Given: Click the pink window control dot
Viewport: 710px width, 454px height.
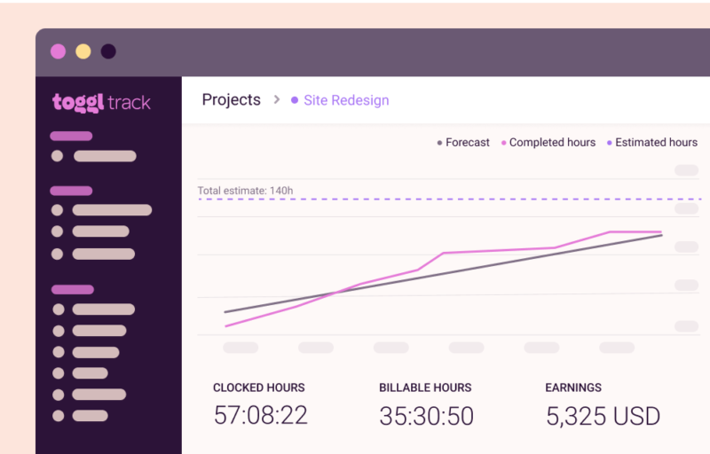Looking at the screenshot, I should coord(59,51).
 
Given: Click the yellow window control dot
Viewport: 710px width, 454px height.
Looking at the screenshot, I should coord(83,51).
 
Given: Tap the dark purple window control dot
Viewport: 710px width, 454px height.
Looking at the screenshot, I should coord(108,51).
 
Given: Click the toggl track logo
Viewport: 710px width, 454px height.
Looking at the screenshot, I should coord(101,102).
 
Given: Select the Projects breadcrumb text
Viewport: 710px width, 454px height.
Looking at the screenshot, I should coord(231,100).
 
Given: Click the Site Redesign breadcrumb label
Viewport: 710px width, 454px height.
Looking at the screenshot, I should coord(346,100).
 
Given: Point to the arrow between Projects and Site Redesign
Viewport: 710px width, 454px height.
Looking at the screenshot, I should coord(276,100).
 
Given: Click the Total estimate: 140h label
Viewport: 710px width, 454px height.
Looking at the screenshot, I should coord(245,190).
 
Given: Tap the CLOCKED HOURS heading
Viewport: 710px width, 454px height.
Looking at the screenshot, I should coord(258,387).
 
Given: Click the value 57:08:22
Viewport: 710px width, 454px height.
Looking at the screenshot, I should coord(261,415).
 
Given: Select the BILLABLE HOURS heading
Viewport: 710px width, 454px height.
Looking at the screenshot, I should coord(425,387).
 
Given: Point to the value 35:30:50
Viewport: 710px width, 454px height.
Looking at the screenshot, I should coord(426,415).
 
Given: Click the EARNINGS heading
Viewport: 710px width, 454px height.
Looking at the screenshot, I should coord(573,387).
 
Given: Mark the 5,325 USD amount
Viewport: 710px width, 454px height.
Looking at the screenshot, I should coord(603,415).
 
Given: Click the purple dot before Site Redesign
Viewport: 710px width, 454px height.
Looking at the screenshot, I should coord(295,100).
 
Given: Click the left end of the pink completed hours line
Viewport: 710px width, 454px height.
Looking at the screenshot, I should coord(225,326).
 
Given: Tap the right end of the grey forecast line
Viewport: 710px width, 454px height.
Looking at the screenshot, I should coord(661,235).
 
